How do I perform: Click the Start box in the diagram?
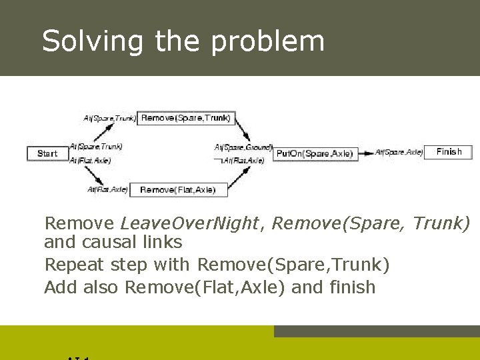coord(47,153)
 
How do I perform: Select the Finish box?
coord(448,152)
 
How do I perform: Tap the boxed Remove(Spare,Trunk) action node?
coord(186,118)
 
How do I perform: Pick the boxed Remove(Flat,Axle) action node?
coord(178,190)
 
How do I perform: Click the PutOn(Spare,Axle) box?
coord(315,153)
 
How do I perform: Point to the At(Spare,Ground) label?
coord(243,147)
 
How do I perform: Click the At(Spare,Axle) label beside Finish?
coord(399,152)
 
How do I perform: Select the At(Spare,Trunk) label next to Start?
coord(96,146)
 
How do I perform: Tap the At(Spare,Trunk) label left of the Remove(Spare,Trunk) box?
coord(110,119)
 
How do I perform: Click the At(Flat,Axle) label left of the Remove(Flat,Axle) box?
coord(107,189)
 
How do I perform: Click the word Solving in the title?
coord(92,41)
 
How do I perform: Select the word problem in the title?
coord(268,41)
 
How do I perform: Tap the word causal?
coord(111,241)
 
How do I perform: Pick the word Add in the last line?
coord(59,287)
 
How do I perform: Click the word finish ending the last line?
coord(352,287)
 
